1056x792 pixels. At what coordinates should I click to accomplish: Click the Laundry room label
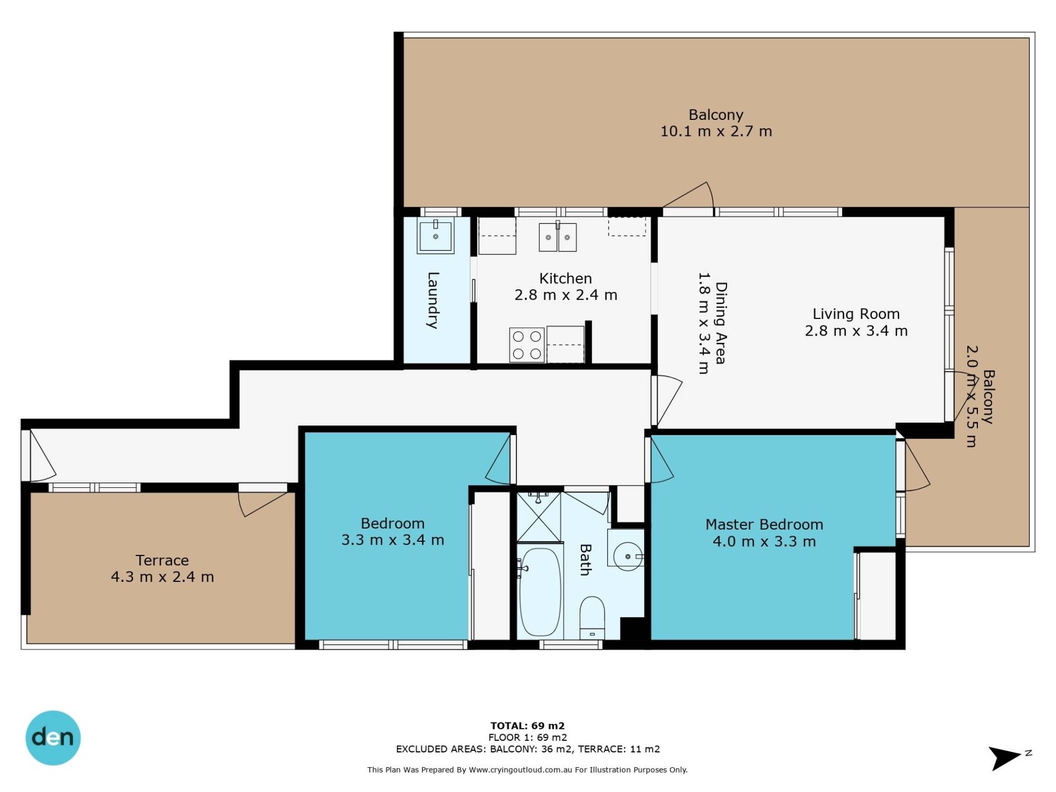point(433,300)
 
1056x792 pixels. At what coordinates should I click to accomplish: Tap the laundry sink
point(436,236)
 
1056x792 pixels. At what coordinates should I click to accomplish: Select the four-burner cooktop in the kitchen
point(527,345)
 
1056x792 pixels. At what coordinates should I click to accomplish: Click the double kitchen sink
point(558,237)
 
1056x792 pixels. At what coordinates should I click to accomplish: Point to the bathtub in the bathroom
point(540,591)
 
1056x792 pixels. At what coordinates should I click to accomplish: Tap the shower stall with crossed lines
point(539,517)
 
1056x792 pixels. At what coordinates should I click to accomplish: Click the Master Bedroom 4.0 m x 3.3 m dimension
point(764,542)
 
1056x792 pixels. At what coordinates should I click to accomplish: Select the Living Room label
point(856,313)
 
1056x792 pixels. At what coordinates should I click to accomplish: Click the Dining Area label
point(721,323)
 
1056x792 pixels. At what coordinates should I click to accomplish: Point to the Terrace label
point(162,560)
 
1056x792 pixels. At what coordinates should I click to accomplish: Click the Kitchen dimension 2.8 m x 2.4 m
point(565,295)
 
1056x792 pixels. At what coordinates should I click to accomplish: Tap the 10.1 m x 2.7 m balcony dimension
point(716,131)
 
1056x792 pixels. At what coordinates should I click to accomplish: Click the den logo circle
point(53,738)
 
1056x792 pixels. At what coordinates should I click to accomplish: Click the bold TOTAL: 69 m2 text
point(527,725)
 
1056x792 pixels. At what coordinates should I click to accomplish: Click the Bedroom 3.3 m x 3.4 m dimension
point(393,540)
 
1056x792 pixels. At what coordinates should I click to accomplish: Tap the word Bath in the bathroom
point(586,560)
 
